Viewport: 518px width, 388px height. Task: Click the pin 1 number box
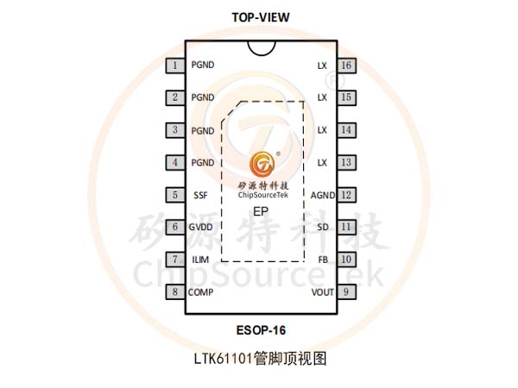coord(175,66)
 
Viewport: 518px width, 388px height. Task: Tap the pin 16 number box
coord(346,66)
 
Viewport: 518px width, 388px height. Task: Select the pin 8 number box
coord(175,291)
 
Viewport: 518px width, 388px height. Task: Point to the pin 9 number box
coord(346,291)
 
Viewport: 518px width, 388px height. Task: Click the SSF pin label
coord(200,196)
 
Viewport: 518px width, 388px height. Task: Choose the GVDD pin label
coord(200,228)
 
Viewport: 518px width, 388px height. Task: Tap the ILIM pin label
coord(200,260)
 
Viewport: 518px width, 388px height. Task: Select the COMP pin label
coord(200,292)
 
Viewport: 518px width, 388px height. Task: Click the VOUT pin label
coord(323,292)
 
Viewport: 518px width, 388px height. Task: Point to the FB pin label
coord(323,260)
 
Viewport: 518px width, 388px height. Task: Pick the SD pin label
coord(323,228)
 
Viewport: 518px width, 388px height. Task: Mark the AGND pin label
coord(323,196)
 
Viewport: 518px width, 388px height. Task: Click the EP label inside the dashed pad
coord(261,211)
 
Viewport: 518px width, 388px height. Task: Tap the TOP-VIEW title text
coord(261,17)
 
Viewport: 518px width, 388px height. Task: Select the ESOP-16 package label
coord(261,330)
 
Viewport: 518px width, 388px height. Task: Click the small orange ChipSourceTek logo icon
coord(262,164)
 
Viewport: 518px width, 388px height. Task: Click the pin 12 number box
coord(346,195)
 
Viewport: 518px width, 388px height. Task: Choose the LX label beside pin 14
coord(322,130)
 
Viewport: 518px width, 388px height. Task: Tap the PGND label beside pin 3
coord(203,131)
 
